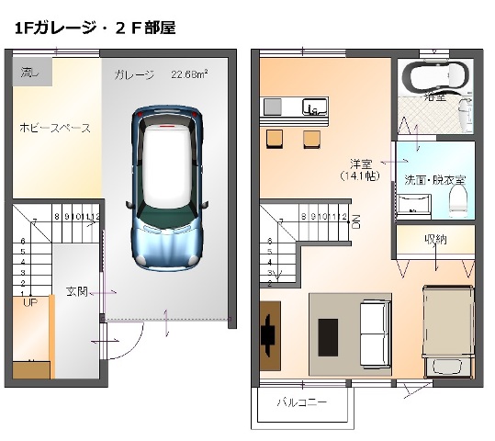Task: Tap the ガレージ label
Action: (x=134, y=74)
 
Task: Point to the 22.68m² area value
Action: (x=189, y=74)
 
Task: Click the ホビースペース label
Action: (x=55, y=128)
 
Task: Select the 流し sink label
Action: (x=30, y=71)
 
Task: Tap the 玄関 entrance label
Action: (x=76, y=292)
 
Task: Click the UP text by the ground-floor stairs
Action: (x=29, y=302)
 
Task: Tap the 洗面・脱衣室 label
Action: (x=434, y=179)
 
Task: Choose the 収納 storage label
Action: (x=435, y=240)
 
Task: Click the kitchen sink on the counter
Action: (x=312, y=107)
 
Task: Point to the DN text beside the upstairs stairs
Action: (x=356, y=220)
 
